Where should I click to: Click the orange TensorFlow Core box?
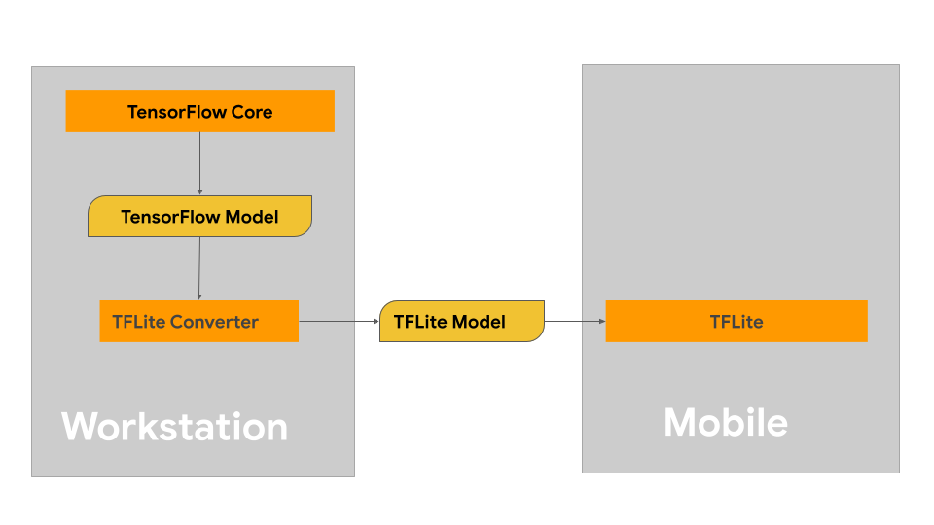click(199, 112)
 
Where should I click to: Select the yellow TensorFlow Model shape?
click(199, 216)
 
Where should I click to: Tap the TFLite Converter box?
click(198, 321)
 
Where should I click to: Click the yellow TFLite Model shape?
click(461, 321)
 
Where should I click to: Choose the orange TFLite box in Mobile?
click(736, 321)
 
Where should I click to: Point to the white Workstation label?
click(175, 427)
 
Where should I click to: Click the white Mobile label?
click(726, 422)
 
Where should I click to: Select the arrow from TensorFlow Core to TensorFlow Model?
click(199, 163)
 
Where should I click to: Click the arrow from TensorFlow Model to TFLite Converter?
click(199, 268)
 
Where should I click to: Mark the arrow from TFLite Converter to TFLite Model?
click(339, 321)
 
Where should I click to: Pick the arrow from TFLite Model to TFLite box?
click(574, 321)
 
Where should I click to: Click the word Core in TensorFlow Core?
click(252, 112)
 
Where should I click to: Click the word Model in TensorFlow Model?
click(251, 217)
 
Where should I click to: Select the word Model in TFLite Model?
click(478, 322)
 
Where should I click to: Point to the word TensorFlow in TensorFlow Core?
click(177, 112)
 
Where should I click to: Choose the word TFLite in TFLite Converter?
click(138, 322)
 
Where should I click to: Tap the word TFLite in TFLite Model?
click(419, 322)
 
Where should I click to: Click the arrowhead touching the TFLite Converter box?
click(199, 297)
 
